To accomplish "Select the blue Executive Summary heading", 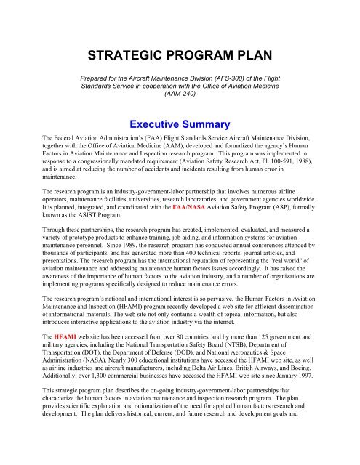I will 179,124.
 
